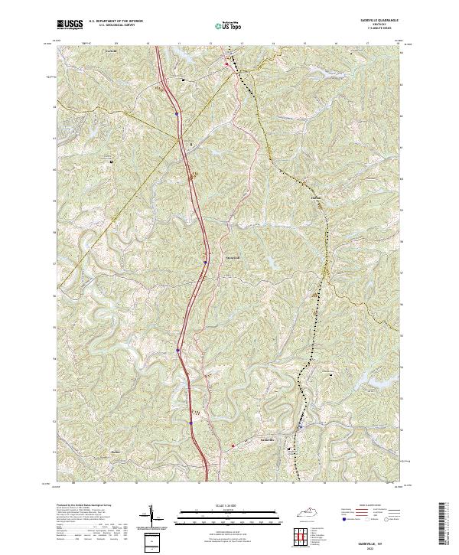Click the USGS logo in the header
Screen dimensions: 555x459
click(69, 25)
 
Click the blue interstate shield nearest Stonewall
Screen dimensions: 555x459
click(206, 261)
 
